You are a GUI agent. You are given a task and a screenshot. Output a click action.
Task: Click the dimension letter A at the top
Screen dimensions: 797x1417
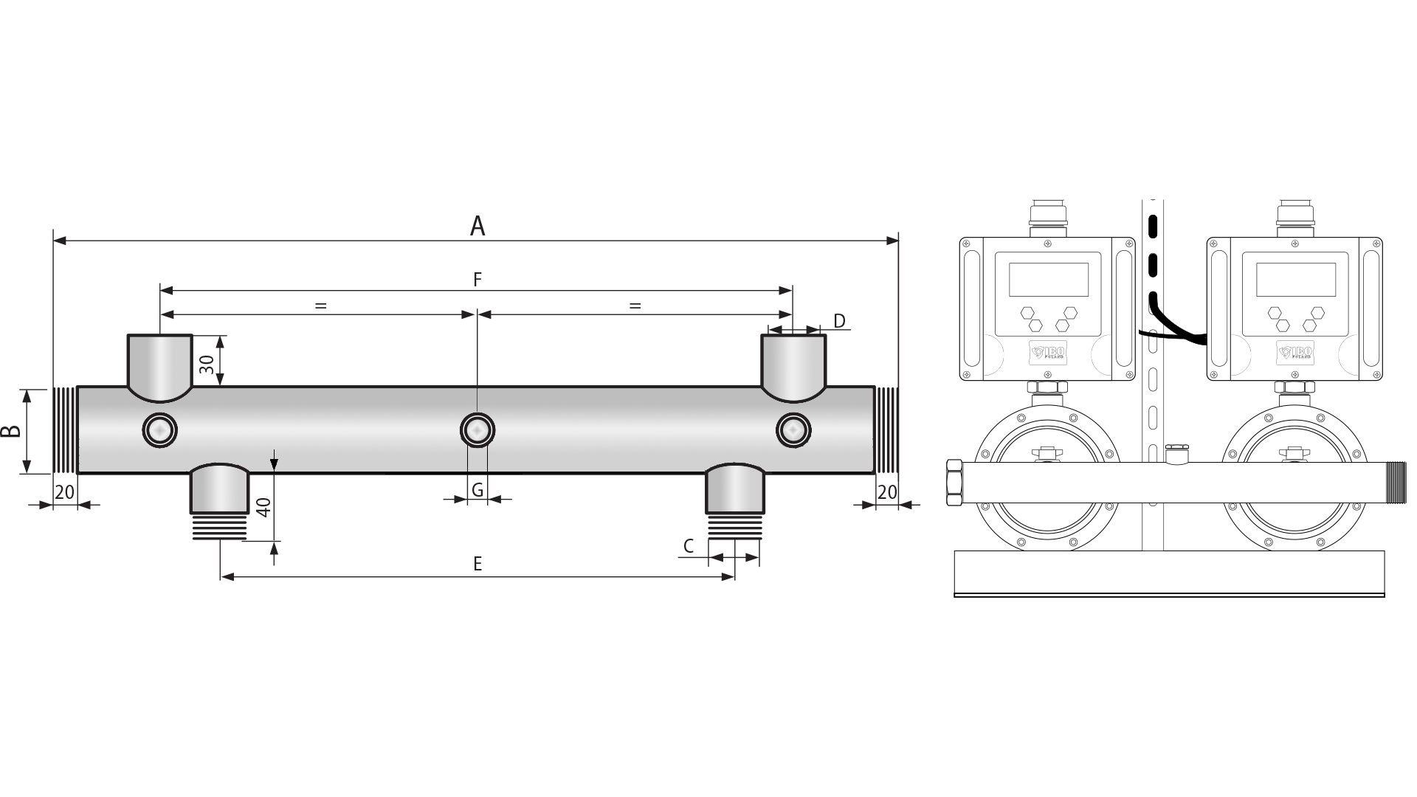(477, 227)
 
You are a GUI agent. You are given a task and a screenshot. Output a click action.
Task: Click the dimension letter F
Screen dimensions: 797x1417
(477, 279)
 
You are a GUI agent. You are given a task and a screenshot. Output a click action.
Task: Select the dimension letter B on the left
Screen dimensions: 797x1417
(10, 432)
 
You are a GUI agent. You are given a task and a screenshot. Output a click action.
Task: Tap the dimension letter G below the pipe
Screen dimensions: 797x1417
(477, 489)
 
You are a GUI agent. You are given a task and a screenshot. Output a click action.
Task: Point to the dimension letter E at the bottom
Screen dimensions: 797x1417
(477, 565)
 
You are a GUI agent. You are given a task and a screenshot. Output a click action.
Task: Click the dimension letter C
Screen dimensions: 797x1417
(689, 546)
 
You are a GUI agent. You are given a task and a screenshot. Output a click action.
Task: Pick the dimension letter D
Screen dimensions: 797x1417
(839, 320)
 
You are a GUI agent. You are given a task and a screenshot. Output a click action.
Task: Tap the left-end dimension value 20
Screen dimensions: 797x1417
(65, 492)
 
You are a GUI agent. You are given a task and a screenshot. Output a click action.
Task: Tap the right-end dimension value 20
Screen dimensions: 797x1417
(887, 492)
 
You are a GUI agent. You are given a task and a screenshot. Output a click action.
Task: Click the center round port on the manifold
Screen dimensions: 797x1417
(477, 429)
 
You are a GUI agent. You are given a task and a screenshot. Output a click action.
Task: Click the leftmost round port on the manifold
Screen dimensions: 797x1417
(159, 429)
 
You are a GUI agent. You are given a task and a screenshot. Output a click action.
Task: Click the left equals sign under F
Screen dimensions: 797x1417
(320, 305)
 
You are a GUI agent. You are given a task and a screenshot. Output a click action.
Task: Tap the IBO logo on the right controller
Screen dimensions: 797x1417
(1295, 353)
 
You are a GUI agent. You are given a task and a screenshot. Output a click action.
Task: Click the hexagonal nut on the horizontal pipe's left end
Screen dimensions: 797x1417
(954, 483)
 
